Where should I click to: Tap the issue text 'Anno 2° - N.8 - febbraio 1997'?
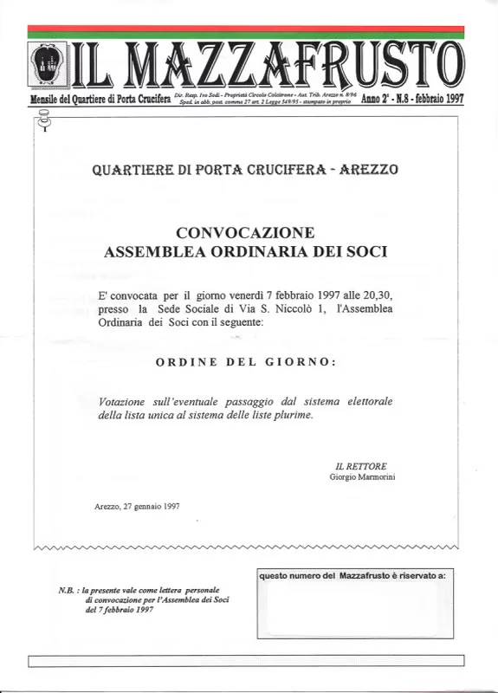tap(412, 99)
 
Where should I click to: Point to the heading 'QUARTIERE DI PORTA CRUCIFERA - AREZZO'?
tap(245, 170)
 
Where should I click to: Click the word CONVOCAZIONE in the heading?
tap(245, 233)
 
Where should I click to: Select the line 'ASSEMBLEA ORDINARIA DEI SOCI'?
tap(245, 252)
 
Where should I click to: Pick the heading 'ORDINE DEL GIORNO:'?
tap(246, 362)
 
